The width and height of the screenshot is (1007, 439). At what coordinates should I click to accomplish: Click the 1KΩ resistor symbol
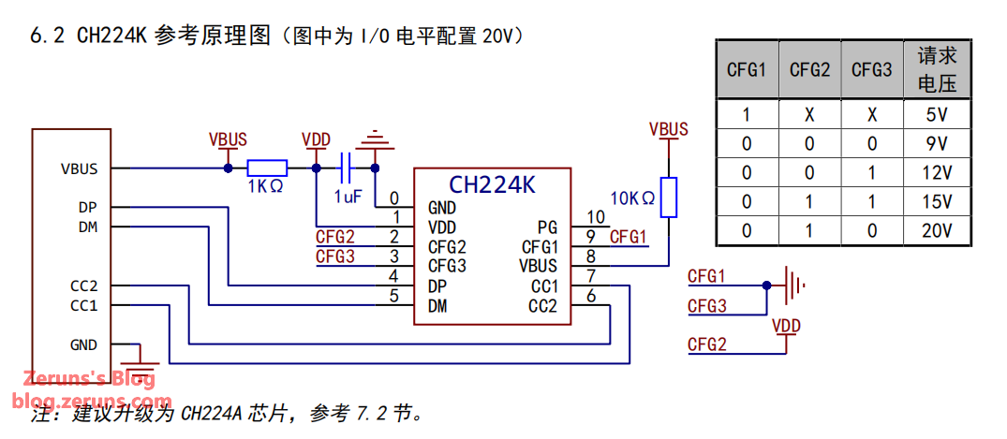point(267,168)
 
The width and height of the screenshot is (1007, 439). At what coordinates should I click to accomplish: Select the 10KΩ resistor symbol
point(668,197)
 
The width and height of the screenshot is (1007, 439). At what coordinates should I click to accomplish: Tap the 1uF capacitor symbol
point(347,168)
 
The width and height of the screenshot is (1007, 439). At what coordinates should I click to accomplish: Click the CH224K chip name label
point(492,184)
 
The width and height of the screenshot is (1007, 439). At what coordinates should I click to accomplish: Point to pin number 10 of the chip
point(596,218)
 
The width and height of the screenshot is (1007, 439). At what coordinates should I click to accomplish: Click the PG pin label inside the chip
point(547,227)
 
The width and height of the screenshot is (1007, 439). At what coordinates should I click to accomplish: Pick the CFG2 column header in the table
point(809,70)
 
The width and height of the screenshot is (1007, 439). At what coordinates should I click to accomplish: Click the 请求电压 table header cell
point(936,69)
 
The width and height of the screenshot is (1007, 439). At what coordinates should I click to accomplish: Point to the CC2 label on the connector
point(84,285)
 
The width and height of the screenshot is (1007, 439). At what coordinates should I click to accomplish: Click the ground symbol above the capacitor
point(376,140)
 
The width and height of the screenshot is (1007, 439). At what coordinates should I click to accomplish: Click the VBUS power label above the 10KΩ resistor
point(668,129)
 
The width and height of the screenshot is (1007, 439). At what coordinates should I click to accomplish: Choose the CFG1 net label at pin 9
point(628,237)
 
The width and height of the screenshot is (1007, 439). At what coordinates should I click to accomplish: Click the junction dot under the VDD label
point(317,168)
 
